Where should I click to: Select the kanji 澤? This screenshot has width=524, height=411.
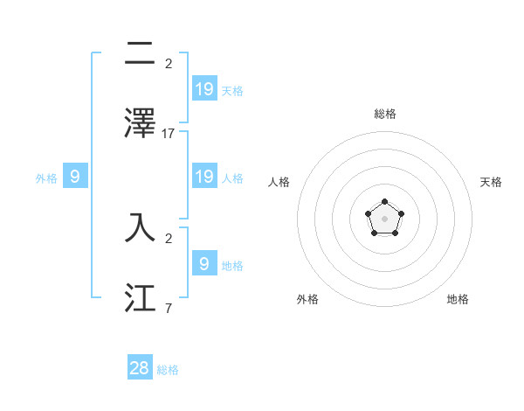(140, 122)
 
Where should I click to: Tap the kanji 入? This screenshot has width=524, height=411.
(140, 226)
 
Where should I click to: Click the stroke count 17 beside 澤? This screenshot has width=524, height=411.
(169, 134)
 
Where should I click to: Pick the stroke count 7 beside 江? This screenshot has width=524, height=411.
(168, 309)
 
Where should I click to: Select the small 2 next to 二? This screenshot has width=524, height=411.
(168, 64)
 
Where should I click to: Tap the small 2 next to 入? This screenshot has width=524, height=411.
(168, 237)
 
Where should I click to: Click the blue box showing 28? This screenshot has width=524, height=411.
(140, 368)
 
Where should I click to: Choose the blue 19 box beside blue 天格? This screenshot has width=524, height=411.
(204, 88)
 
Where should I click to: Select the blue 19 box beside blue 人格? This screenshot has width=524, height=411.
(204, 177)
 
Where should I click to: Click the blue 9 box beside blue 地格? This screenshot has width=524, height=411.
(204, 262)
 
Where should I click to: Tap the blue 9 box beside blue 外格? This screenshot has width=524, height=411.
(75, 177)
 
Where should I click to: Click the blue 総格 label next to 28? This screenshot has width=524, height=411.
(168, 370)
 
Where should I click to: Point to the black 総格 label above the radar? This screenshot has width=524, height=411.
(384, 114)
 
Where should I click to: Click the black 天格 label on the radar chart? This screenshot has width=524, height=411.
(491, 182)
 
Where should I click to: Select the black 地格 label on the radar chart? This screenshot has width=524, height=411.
(458, 299)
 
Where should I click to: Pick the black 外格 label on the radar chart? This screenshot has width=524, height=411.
(307, 299)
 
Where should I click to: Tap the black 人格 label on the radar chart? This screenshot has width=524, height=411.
(279, 182)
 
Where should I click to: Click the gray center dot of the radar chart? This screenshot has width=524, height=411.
(384, 218)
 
